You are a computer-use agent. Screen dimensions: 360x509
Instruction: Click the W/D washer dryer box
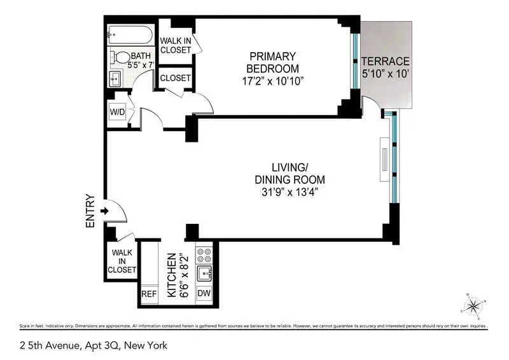pyautogui.click(x=117, y=112)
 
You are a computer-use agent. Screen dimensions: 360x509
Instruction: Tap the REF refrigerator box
pyautogui.click(x=148, y=294)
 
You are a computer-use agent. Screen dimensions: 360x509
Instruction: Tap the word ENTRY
pyautogui.click(x=90, y=211)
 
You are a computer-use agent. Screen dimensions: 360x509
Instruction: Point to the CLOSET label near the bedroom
pyautogui.click(x=175, y=78)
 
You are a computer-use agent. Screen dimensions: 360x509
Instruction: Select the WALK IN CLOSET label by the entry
pyautogui.click(x=122, y=261)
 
